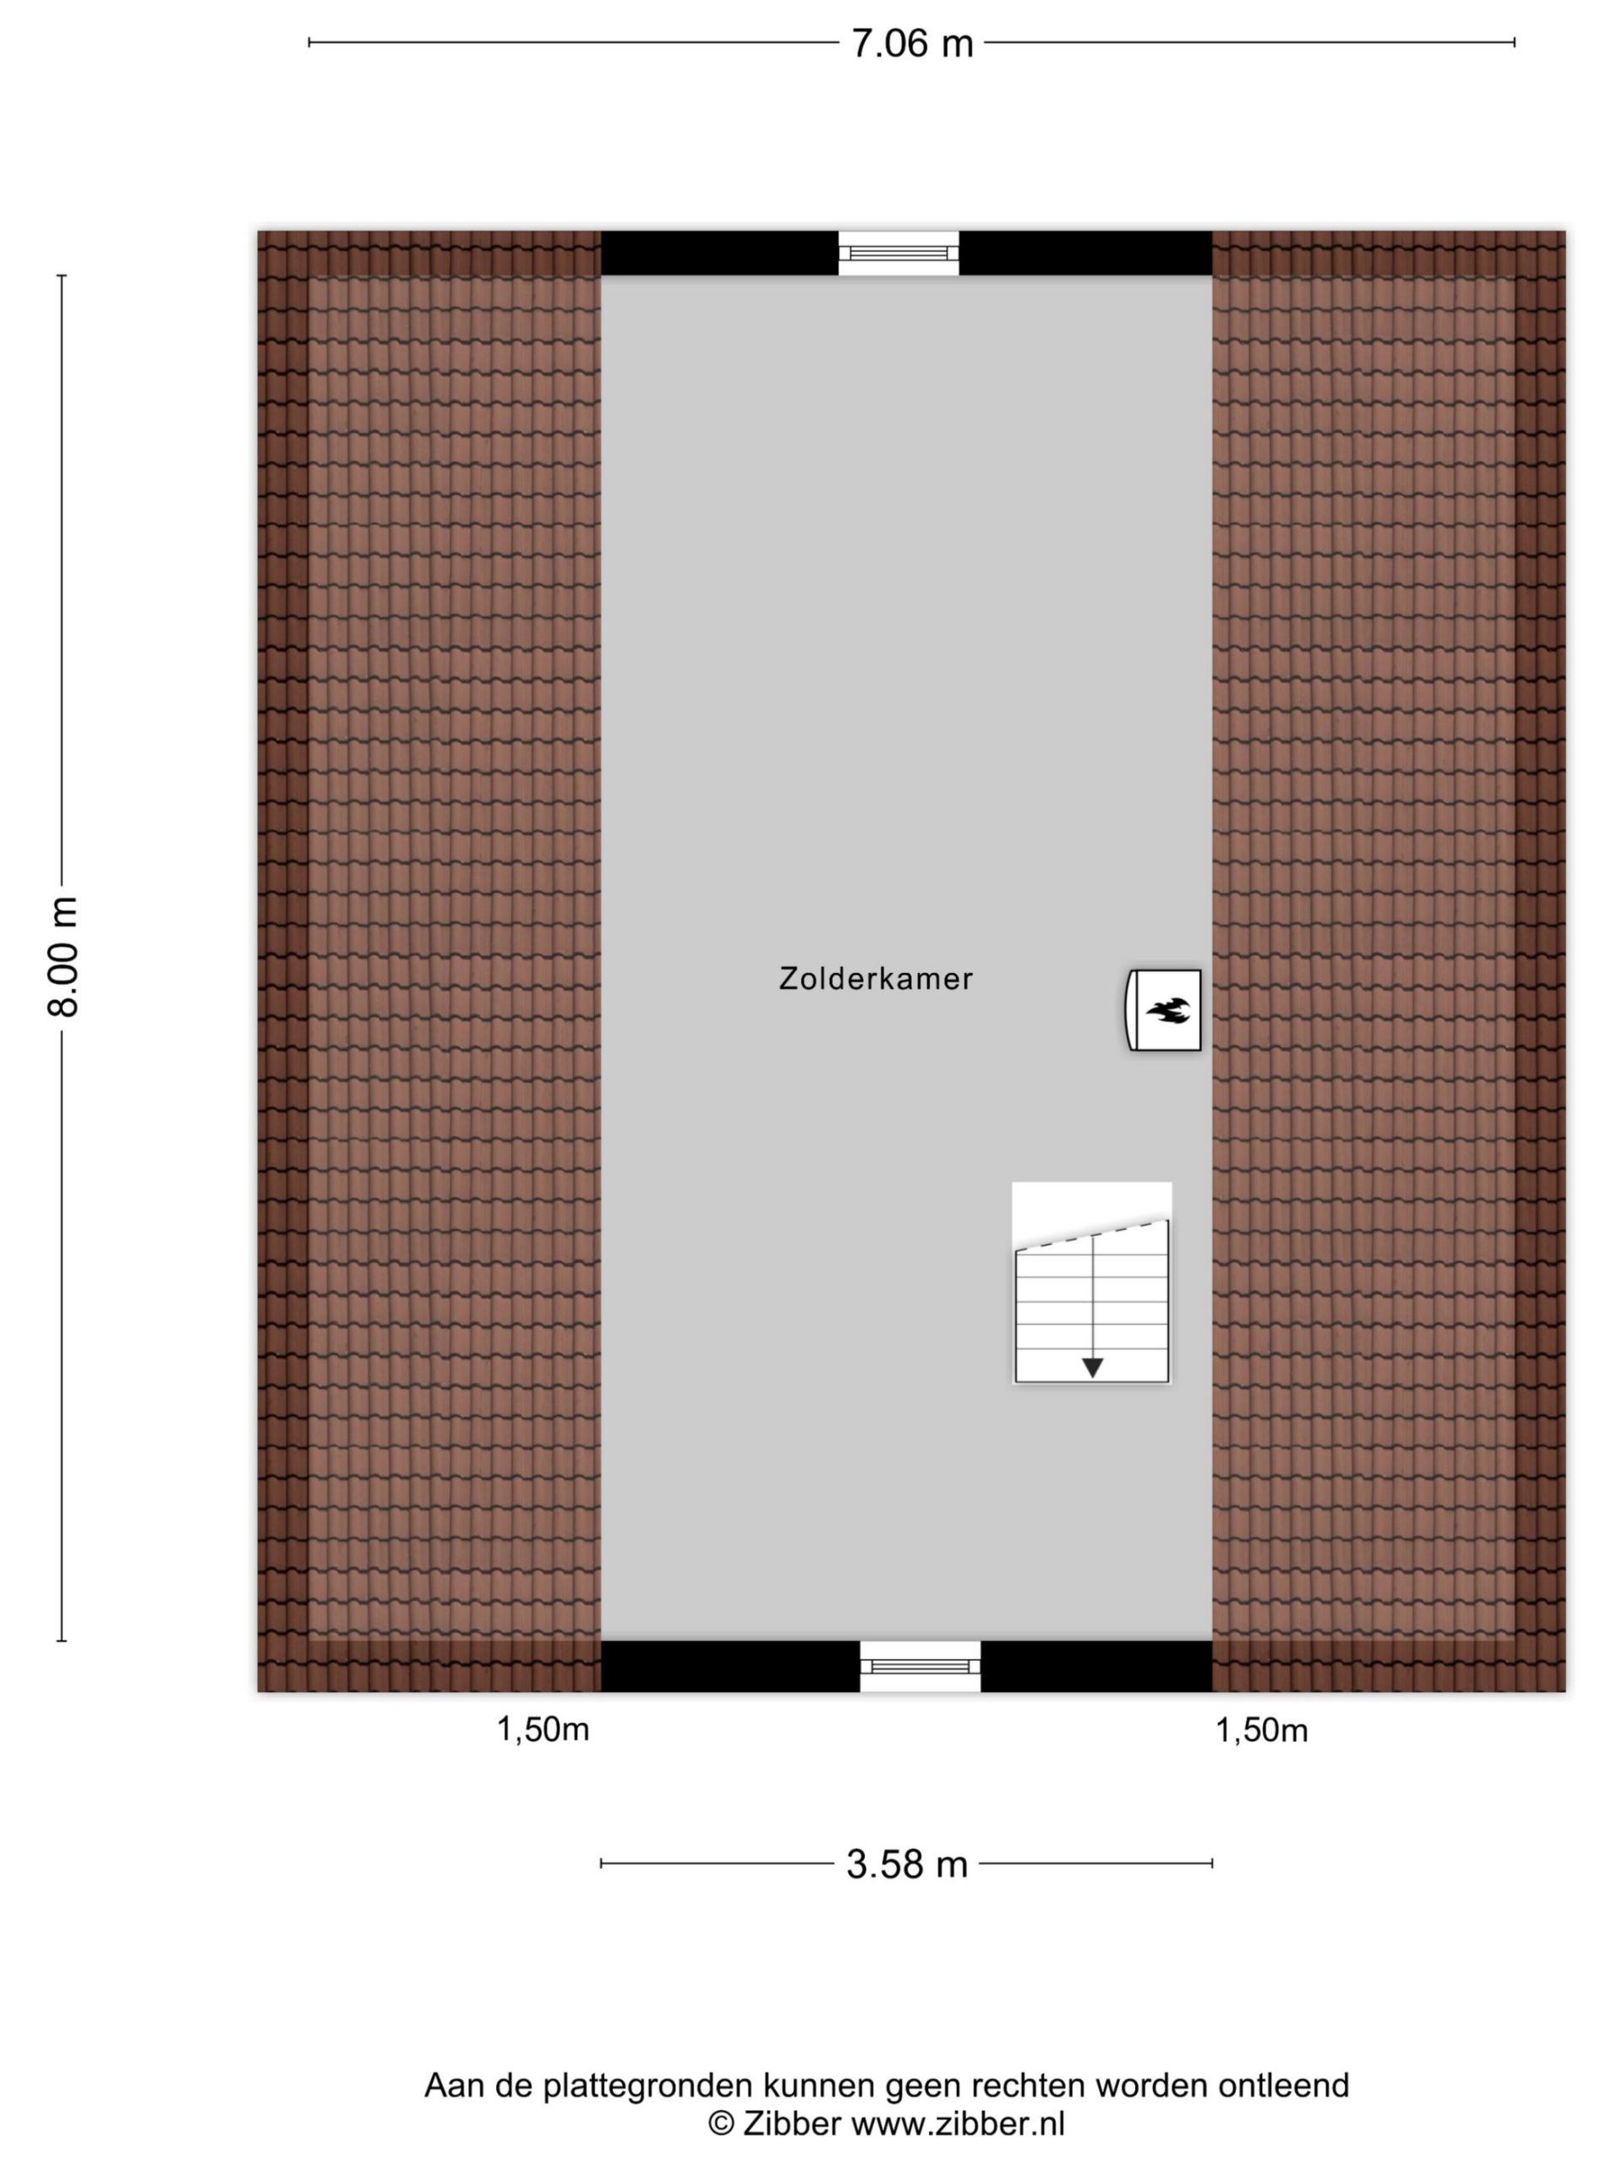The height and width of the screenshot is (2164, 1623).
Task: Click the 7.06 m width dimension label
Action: click(912, 44)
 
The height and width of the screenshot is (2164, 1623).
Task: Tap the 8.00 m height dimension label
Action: click(63, 956)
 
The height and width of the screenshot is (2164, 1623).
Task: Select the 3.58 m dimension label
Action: click(907, 1864)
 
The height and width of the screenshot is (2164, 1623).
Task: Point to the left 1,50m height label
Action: click(543, 1730)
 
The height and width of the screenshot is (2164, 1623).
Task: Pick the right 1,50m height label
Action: click(1261, 1730)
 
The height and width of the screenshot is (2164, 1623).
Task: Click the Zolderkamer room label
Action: click(876, 979)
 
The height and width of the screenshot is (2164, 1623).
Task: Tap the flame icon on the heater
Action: click(1168, 1011)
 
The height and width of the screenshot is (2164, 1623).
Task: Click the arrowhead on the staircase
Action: click(1093, 1368)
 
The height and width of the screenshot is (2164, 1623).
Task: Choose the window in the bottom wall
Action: click(921, 1666)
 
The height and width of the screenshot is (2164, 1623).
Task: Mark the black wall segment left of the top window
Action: click(719, 254)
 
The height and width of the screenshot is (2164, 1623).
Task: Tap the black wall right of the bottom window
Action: click(1096, 1666)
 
